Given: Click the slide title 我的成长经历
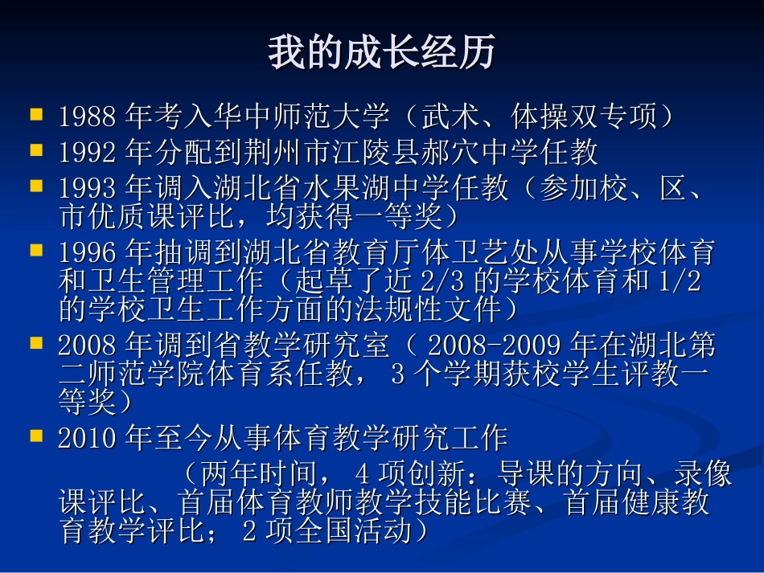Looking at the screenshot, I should (381, 53).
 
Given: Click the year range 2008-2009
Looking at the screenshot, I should (494, 347).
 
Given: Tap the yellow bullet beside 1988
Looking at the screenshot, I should (36, 115).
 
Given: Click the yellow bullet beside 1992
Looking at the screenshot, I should (36, 150).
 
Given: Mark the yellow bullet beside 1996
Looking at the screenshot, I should (36, 251).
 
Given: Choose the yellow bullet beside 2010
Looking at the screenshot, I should (36, 436).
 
